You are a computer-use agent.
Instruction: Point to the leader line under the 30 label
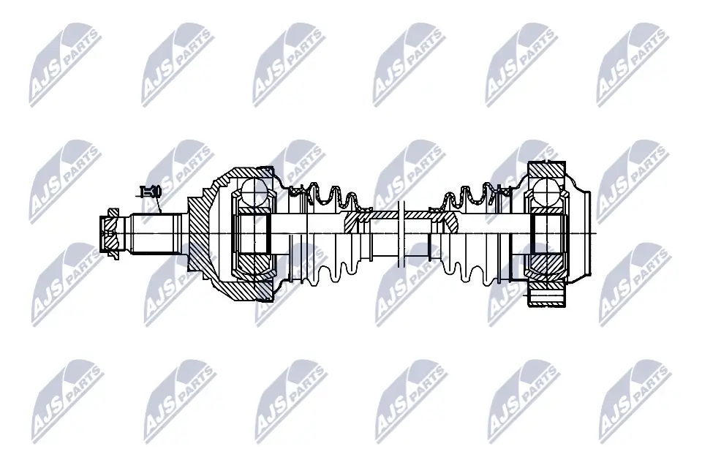coord(158,206)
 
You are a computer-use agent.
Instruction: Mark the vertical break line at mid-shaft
coord(401,233)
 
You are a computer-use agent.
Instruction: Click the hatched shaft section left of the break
coord(360,219)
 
